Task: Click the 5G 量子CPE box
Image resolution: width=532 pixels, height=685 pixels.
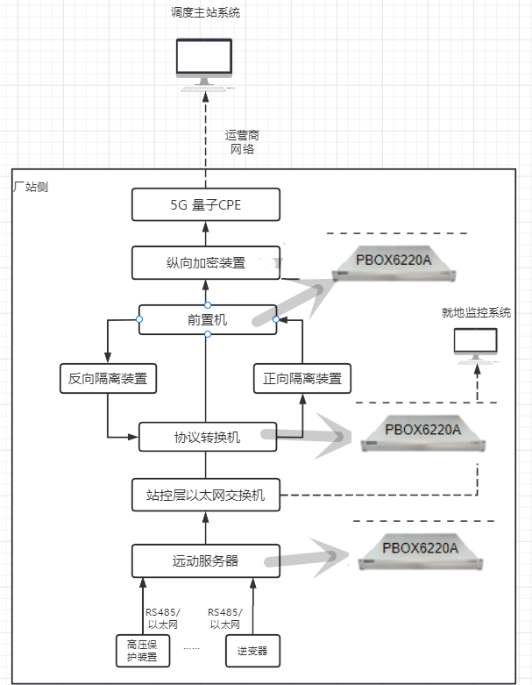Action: (x=206, y=205)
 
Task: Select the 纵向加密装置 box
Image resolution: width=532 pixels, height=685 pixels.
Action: (x=206, y=262)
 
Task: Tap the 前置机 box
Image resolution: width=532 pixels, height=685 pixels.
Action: (x=208, y=320)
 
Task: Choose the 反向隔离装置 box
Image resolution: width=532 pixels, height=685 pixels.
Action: (x=107, y=379)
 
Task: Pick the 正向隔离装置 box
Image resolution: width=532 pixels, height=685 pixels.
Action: (x=301, y=379)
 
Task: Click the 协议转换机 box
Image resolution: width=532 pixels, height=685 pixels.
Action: (x=208, y=436)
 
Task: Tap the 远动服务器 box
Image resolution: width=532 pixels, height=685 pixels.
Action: (x=206, y=560)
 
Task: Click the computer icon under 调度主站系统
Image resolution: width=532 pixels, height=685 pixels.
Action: (x=205, y=63)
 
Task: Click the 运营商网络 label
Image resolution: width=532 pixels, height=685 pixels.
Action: (x=242, y=142)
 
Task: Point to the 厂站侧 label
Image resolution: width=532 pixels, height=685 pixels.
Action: (x=32, y=186)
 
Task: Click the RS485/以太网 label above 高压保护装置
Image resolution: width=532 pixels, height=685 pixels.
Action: (x=161, y=617)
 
